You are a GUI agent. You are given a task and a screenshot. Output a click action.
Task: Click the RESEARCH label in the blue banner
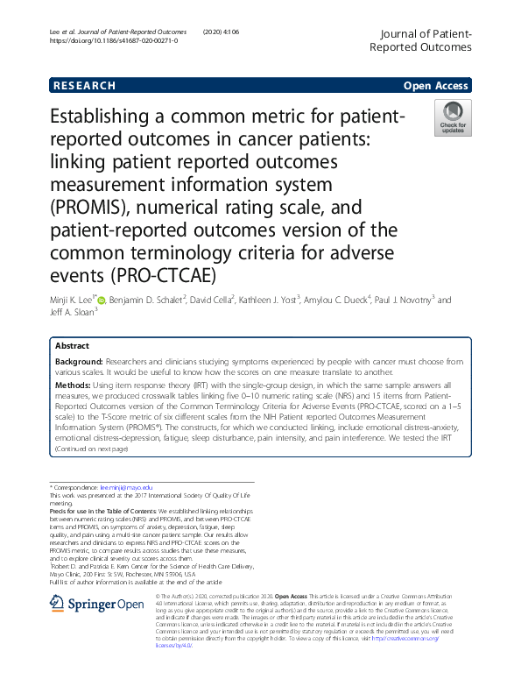click(84, 86)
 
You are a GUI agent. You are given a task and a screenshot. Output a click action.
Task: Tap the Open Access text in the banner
click(435, 86)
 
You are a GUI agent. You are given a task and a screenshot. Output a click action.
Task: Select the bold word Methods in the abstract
click(72, 385)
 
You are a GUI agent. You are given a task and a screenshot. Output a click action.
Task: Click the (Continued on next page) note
click(91, 449)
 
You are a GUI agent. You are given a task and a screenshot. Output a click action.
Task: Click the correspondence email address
click(129, 486)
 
